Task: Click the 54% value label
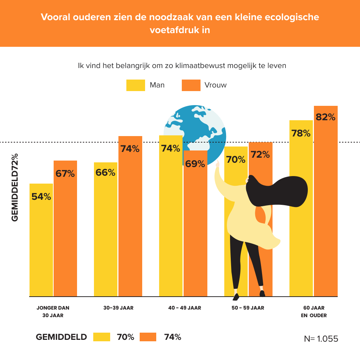(x=41, y=197)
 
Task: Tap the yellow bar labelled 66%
(x=105, y=234)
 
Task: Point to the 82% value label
(x=325, y=117)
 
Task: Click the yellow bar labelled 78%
(x=301, y=216)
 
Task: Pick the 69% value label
(x=195, y=164)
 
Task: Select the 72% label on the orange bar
(x=260, y=155)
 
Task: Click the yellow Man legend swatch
(x=136, y=85)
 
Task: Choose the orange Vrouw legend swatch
(x=191, y=85)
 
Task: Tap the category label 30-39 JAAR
(x=118, y=308)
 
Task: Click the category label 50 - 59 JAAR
(x=248, y=308)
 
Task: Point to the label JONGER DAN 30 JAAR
(x=53, y=311)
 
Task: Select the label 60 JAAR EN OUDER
(x=314, y=311)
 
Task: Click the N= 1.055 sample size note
(x=321, y=339)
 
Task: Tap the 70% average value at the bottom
(x=125, y=337)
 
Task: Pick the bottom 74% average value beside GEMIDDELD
(x=172, y=337)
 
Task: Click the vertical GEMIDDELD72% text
(x=15, y=187)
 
